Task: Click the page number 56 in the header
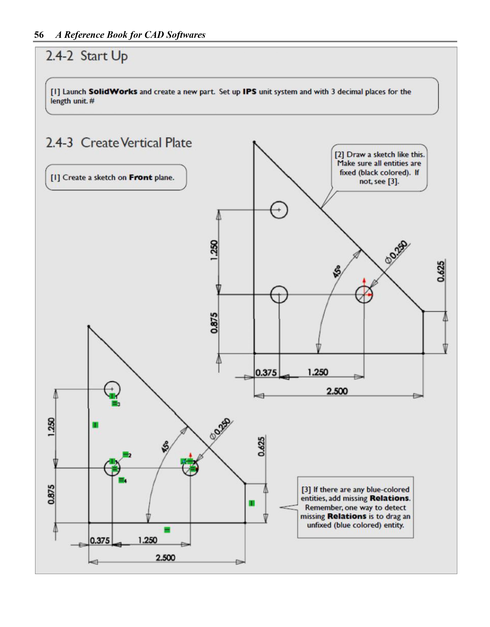pos(39,35)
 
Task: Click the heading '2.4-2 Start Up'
pos(87,56)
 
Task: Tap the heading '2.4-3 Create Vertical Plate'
pos(119,143)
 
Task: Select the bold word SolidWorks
pos(113,92)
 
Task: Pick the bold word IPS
pos(249,92)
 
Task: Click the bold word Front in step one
pos(140,177)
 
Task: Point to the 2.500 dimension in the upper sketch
pos(337,391)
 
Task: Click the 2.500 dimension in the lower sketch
pos(165,558)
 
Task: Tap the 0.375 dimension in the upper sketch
pos(266,373)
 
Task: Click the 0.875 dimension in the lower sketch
pos(51,494)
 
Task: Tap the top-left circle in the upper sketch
pos(279,210)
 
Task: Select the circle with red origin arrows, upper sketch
pos(364,294)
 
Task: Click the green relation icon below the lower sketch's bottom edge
pos(167,530)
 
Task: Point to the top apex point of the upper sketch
pos(254,142)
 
